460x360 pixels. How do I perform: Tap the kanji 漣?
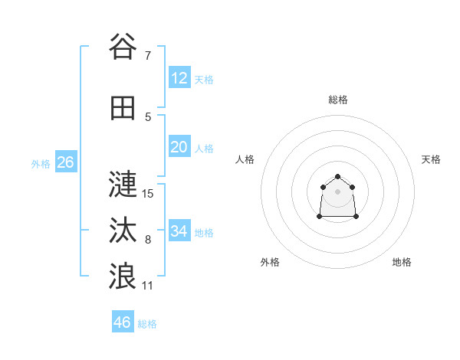123,183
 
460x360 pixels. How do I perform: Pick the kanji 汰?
123,229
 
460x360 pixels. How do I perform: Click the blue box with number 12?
179,78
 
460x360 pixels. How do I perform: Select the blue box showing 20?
179,147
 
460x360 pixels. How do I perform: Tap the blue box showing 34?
179,231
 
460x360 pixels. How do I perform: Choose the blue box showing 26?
65,162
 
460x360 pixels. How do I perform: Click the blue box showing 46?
123,322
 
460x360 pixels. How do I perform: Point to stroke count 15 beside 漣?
148,193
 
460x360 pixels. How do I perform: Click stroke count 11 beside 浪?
148,285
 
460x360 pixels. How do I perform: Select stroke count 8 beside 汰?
148,239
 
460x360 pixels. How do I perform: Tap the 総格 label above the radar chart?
338,100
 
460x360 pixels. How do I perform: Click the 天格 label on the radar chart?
431,159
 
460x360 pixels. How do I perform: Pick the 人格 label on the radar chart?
245,159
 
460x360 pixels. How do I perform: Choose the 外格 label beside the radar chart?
270,262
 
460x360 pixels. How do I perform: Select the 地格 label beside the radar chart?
402,262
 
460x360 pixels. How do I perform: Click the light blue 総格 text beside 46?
147,324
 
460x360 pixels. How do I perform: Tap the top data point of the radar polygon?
338,177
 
